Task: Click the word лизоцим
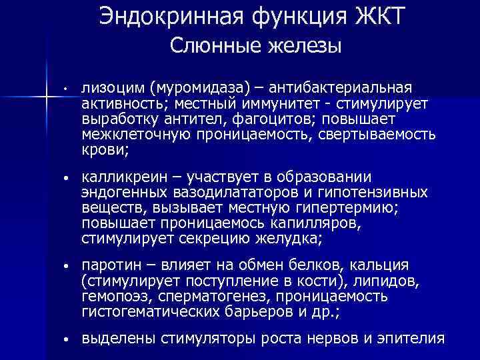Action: (113, 88)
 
